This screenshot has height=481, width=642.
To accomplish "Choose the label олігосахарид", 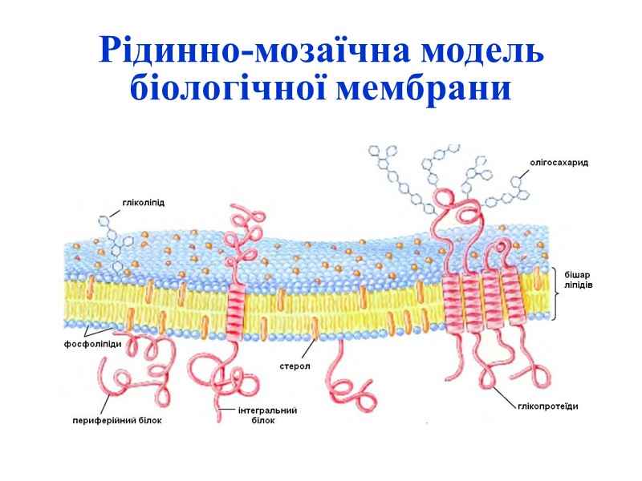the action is coord(559,162).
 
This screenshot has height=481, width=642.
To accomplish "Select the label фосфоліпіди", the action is coord(93,345).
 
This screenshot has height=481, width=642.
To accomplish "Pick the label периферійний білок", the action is coord(117,419).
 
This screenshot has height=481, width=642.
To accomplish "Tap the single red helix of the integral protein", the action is coord(235,305).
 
